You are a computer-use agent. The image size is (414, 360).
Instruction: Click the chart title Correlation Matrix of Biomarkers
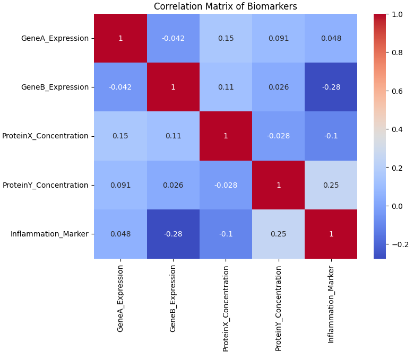[x=225, y=6]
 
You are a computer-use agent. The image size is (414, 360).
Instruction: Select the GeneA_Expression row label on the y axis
[x=55, y=38]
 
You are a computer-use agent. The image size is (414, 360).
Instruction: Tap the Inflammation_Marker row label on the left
[x=49, y=234]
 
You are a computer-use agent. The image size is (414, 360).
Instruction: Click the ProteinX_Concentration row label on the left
[x=45, y=136]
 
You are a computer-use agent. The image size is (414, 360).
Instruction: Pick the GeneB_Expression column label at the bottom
[x=172, y=297]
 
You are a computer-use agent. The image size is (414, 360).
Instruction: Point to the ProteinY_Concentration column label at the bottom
[x=278, y=308]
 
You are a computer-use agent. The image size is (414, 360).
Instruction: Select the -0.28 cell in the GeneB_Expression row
[x=331, y=87]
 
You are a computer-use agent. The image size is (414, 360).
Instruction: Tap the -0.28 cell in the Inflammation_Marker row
[x=172, y=234]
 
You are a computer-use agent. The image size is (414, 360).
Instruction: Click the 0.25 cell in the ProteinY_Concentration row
[x=331, y=185]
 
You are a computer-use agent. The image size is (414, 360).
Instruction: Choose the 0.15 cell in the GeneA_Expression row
[x=225, y=38]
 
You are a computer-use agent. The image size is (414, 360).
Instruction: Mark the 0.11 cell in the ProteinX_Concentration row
[x=172, y=136]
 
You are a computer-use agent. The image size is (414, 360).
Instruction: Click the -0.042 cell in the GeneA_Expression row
[x=172, y=38]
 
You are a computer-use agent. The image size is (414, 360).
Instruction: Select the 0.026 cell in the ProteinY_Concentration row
[x=172, y=185]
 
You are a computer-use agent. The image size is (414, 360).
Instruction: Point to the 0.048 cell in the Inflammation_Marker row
[x=120, y=234]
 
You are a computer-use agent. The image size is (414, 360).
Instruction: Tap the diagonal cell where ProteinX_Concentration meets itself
[x=225, y=136]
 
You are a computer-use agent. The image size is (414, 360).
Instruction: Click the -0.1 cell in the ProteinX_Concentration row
[x=331, y=136]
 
